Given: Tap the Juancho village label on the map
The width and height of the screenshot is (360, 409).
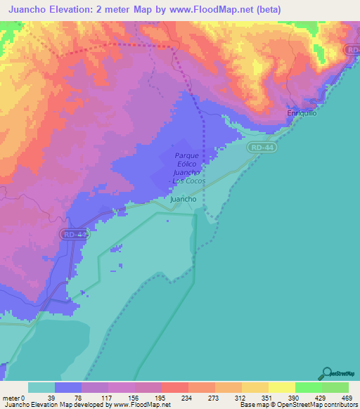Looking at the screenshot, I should point(184,199).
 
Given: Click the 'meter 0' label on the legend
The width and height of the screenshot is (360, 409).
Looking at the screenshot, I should point(14,398).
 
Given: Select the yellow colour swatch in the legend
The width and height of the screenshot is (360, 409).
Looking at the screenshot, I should point(281,387).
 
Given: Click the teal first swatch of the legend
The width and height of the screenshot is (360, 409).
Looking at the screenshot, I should point(41,387).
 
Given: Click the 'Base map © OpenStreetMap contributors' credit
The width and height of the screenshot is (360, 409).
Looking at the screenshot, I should point(299,405).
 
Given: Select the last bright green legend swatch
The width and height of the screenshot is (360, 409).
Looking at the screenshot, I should point(335,387).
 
